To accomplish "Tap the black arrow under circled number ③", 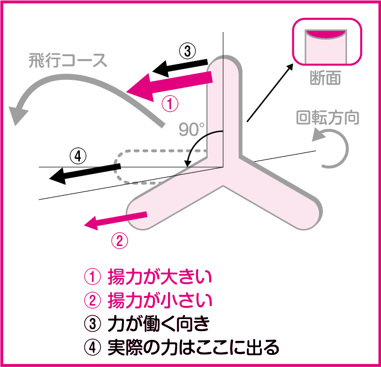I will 180,67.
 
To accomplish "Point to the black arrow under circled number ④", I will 85,172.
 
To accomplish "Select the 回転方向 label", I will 328,118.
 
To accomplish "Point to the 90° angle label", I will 192,130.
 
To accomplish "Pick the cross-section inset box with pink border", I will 327,42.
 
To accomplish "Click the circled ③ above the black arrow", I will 187,50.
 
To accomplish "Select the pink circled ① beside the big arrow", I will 170,104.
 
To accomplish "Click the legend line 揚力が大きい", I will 148,277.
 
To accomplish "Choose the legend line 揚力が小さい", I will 148,300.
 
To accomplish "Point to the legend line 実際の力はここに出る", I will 182,347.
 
